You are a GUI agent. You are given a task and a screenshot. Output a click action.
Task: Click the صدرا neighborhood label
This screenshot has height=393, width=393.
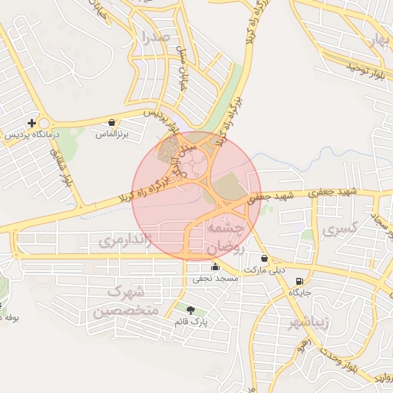pyautogui.click(x=145, y=36)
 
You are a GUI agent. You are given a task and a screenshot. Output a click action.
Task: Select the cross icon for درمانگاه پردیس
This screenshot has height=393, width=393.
pyautogui.click(x=31, y=123)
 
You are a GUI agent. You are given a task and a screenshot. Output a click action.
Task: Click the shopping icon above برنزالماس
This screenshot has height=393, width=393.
pyautogui.click(x=113, y=122)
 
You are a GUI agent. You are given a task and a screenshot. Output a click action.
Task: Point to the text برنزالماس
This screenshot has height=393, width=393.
pyautogui.click(x=112, y=134)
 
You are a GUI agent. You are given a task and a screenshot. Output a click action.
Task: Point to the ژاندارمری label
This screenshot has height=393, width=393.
pyautogui.click(x=127, y=242)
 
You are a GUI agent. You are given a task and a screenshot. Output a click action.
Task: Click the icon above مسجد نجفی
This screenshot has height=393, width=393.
pyautogui.click(x=215, y=267)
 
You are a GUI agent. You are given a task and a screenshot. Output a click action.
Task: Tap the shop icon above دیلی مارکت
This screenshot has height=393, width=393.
pyautogui.click(x=265, y=259)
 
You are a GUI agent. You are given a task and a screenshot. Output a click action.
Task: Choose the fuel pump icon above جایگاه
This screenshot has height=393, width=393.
pyautogui.click(x=299, y=281)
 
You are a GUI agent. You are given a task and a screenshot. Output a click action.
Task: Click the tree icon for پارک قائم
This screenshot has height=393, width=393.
pyautogui.click(x=191, y=309)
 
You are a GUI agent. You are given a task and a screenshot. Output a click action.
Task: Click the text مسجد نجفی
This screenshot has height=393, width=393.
pyautogui.click(x=216, y=278)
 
